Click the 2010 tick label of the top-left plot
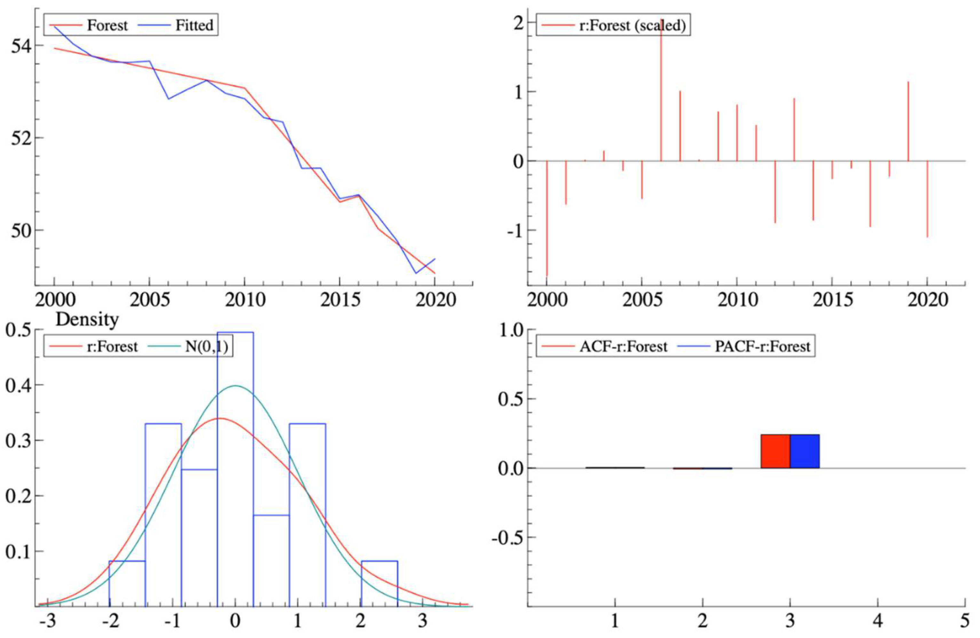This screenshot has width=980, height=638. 245,300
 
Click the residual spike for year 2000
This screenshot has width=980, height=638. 547,218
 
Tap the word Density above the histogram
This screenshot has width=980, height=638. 87,319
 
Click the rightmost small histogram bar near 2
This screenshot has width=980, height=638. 379,583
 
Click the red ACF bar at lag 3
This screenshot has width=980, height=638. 775,451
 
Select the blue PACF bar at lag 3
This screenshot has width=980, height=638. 805,451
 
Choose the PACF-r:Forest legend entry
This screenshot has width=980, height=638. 762,346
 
